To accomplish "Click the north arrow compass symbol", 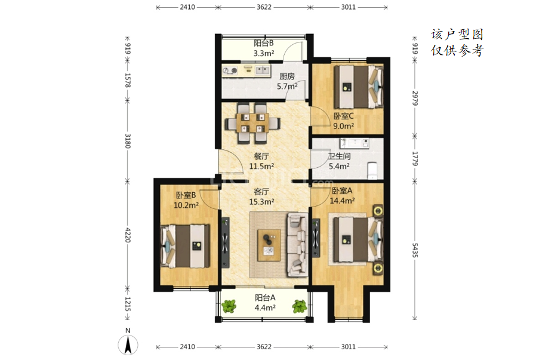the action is click(x=128, y=344).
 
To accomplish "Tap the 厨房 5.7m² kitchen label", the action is click(x=287, y=81).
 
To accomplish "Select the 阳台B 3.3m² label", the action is click(x=264, y=48).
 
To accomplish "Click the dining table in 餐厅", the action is click(x=252, y=123).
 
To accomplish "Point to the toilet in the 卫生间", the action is click(x=372, y=171).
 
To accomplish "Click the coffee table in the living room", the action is click(x=269, y=245).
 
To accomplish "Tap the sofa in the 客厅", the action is click(x=297, y=244).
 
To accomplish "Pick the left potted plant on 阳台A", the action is click(x=229, y=306).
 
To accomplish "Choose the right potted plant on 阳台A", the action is click(x=300, y=306).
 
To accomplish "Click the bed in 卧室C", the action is click(x=359, y=87).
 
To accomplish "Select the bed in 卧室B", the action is click(x=185, y=246).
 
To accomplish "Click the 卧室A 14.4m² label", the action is click(x=342, y=196).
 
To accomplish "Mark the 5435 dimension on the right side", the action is click(x=415, y=250).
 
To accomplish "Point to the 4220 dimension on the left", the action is click(x=128, y=235).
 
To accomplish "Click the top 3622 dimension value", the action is click(x=264, y=7).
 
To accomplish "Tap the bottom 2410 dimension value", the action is click(x=187, y=347).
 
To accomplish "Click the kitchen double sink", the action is click(x=263, y=70).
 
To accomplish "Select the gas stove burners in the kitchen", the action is click(x=230, y=71).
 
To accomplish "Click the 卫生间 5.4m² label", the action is click(x=339, y=161).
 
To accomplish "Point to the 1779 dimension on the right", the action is click(x=415, y=158).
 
